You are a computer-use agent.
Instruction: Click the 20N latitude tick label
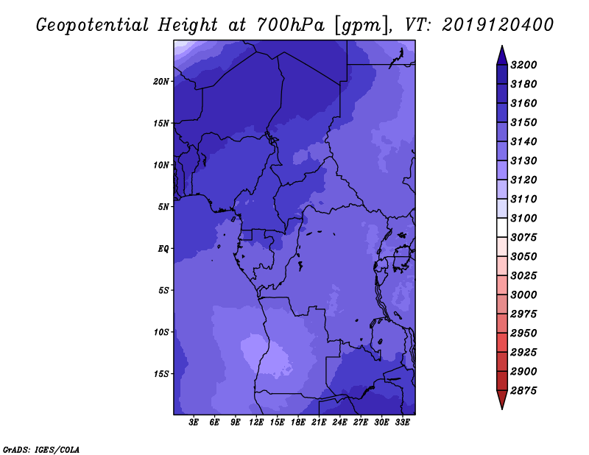point(161,82)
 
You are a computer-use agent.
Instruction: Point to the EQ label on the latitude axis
point(163,249)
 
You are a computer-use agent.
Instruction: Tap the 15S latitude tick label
point(161,374)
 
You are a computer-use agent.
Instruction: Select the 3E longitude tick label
point(194,422)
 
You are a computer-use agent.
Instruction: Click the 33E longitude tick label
point(402,422)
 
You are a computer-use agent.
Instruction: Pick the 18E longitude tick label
point(298,422)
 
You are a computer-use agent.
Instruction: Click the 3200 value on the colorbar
point(523,65)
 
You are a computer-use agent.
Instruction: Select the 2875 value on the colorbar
point(523,390)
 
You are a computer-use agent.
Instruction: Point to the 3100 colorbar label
point(523,218)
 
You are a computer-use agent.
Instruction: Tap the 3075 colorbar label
point(523,237)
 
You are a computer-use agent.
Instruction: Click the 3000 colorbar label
point(523,294)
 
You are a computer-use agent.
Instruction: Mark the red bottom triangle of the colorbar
point(502,398)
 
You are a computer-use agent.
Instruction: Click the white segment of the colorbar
point(502,227)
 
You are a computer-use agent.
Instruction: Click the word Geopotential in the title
point(93,26)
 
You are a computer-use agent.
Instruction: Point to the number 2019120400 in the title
point(498,25)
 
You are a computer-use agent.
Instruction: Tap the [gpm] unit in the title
point(361,26)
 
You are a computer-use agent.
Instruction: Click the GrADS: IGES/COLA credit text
point(41,449)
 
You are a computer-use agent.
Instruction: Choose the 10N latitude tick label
point(161,165)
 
